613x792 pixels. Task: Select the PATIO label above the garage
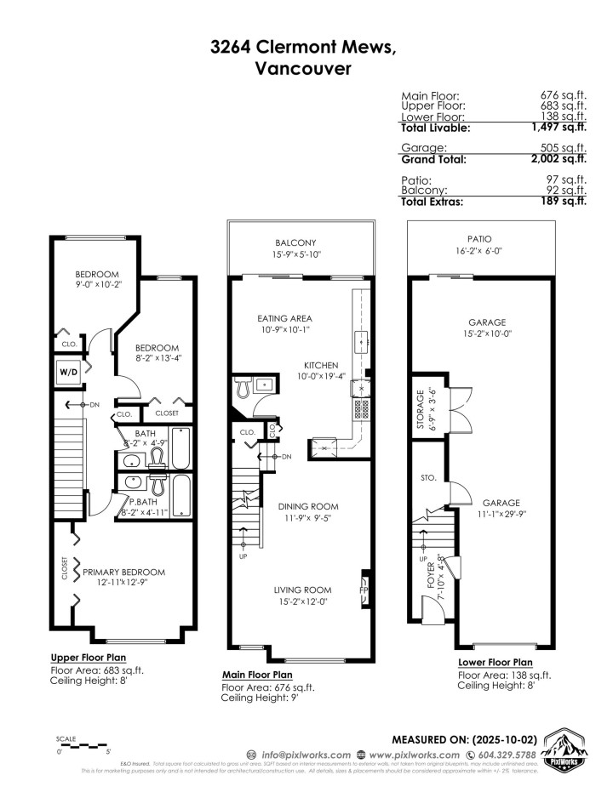coord(479,239)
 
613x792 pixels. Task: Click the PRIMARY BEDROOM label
coord(123,573)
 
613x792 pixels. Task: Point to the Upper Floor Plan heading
coord(91,658)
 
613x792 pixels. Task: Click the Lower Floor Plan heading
coord(496,663)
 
